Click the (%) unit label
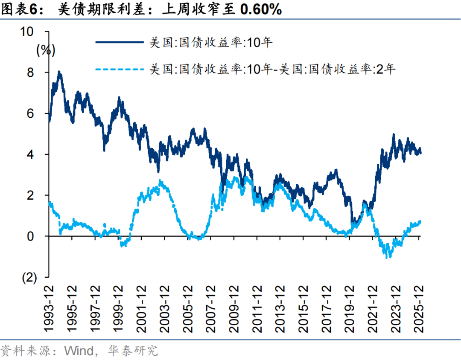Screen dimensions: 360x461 pyautogui.click(x=46, y=50)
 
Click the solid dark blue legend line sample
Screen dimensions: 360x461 pyautogui.click(x=120, y=42)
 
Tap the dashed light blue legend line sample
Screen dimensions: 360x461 pyautogui.click(x=120, y=69)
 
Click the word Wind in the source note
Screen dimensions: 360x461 pyautogui.click(x=78, y=351)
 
